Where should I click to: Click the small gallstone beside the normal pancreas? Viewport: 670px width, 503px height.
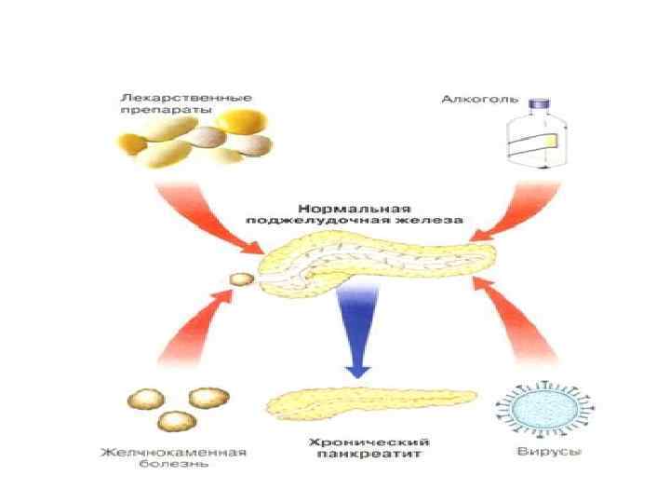[x=240, y=279]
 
